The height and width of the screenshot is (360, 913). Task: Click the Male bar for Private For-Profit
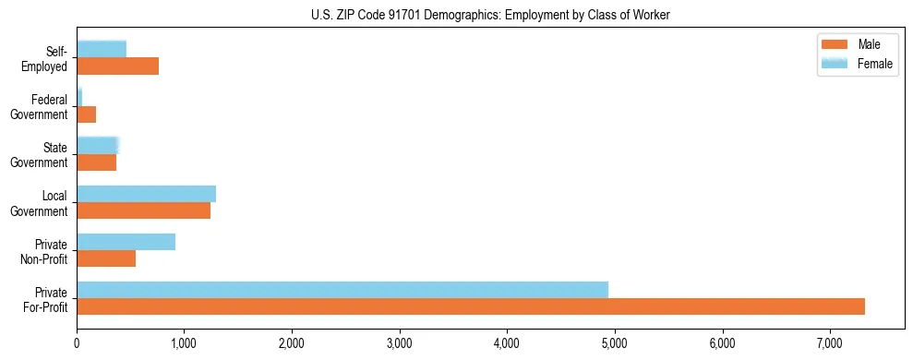click(x=471, y=306)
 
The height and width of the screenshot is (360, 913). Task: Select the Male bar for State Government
click(x=96, y=162)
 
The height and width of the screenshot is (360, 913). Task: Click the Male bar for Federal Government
click(x=86, y=114)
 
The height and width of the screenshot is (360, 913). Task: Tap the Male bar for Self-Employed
click(x=117, y=66)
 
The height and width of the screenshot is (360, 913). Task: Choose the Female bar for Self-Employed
click(x=102, y=49)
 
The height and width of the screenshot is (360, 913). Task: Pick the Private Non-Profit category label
click(x=45, y=251)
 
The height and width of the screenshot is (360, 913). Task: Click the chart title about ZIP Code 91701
click(x=491, y=14)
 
